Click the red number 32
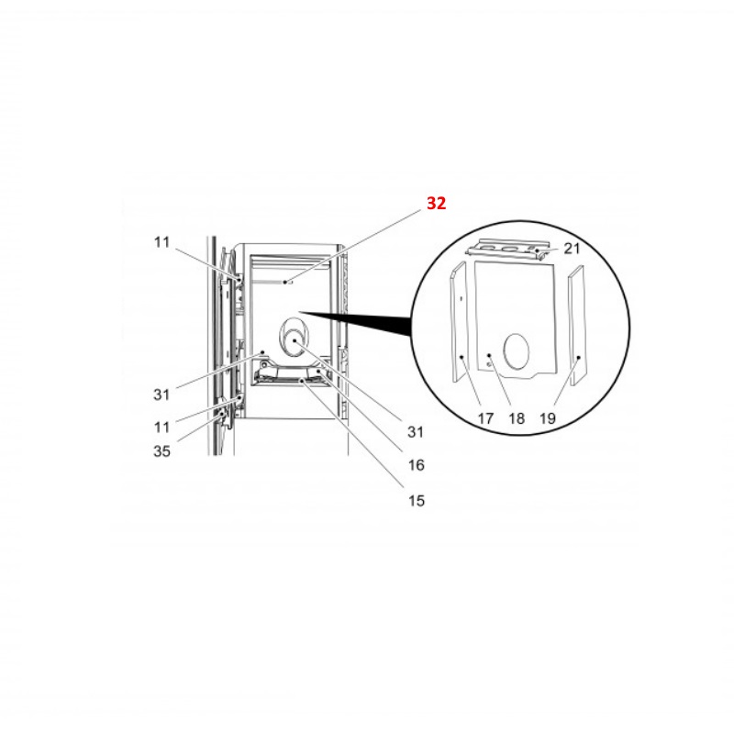(437, 203)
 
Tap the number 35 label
(162, 451)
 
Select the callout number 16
(417, 465)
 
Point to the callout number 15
(417, 501)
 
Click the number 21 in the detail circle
(572, 249)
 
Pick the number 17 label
(485, 418)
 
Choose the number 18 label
(517, 418)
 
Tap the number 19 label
(547, 418)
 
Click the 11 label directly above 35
(162, 427)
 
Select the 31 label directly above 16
(416, 432)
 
